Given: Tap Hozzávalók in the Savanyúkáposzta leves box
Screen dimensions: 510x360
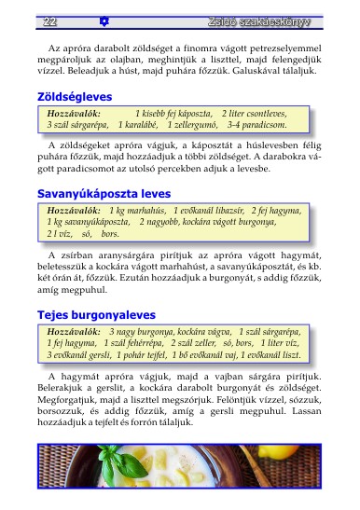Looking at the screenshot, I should coord(73,211).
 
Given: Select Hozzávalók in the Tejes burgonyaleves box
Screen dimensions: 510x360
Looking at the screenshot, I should coord(73,332).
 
